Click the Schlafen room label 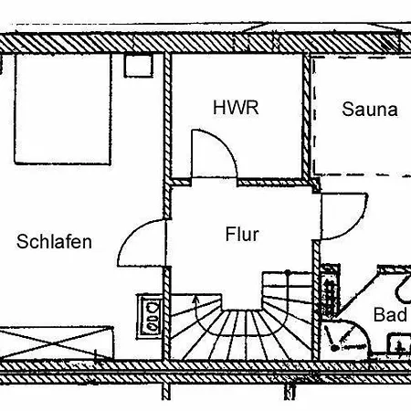pyautogui.click(x=54, y=242)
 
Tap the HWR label pyautogui.click(x=236, y=108)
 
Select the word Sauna pyautogui.click(x=370, y=109)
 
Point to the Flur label pyautogui.click(x=242, y=235)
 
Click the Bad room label pyautogui.click(x=390, y=314)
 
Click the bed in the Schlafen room pyautogui.click(x=63, y=109)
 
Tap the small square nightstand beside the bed pyautogui.click(x=139, y=65)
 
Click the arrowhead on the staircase pyautogui.click(x=195, y=300)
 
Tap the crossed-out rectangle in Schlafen pyautogui.click(x=57, y=343)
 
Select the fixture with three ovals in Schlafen pyautogui.click(x=152, y=316)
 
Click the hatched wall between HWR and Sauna pyautogui.click(x=307, y=116)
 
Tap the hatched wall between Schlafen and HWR pyautogui.click(x=167, y=135)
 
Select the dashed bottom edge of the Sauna pyautogui.click(x=363, y=175)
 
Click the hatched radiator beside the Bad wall pyautogui.click(x=330, y=291)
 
